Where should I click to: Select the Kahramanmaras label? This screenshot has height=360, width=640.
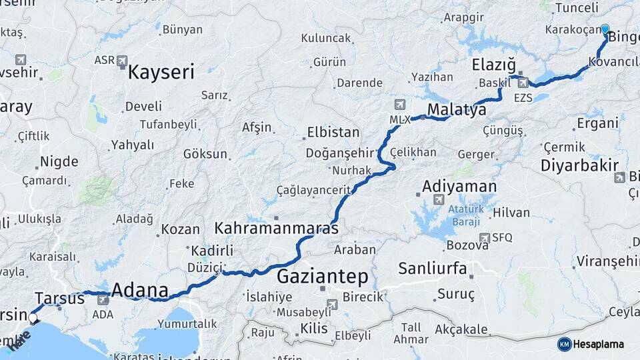point(276,228)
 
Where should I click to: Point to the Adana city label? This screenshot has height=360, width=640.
point(139,291)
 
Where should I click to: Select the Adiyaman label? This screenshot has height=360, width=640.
point(459,186)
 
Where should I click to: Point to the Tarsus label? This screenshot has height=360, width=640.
point(60,298)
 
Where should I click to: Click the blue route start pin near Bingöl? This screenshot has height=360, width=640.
point(605,29)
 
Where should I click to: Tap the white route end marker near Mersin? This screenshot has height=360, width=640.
point(33,319)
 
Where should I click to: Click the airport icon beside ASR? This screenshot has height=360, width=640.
point(122,61)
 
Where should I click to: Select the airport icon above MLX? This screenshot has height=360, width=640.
point(399,105)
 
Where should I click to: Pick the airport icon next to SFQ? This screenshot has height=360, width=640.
point(485,238)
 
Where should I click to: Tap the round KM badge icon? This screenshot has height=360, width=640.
point(565,344)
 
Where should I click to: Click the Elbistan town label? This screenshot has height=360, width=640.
point(333,132)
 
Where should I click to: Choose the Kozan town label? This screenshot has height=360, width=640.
point(180,229)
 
